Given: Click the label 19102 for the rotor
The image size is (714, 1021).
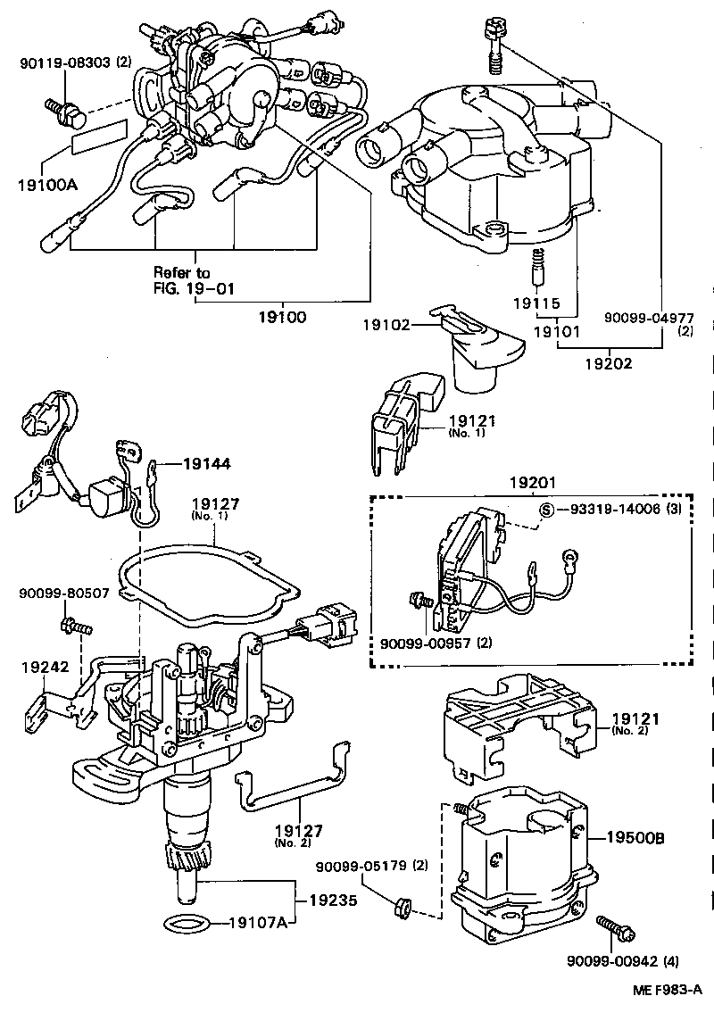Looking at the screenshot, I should pyautogui.click(x=385, y=326).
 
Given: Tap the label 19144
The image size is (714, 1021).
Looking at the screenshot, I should pyautogui.click(x=206, y=463).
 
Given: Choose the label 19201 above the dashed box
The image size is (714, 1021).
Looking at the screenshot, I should pyautogui.click(x=533, y=483).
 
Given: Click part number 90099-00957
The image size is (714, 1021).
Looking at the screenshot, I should pyautogui.click(x=423, y=642).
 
